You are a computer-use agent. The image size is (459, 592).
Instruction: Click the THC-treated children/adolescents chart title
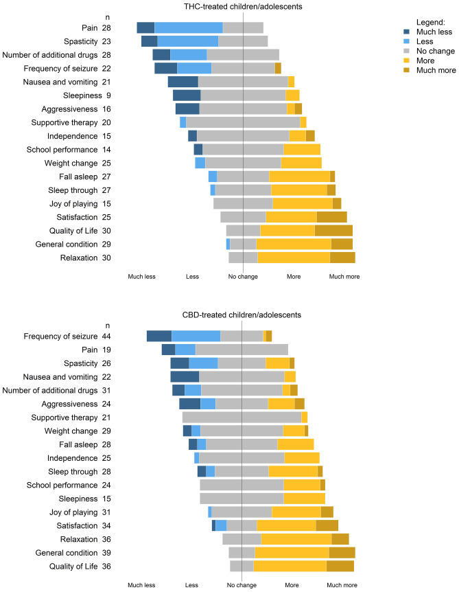(244, 6)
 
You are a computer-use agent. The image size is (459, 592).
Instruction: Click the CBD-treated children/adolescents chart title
(243, 315)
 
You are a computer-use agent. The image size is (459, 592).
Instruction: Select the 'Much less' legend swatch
(408, 31)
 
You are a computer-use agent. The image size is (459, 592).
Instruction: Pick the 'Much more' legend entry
(408, 70)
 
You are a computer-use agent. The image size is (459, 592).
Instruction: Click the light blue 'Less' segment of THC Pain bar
(189, 27)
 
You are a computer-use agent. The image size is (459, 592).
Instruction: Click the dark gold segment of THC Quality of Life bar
(333, 231)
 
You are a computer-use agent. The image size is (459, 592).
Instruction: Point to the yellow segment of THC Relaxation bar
(294, 258)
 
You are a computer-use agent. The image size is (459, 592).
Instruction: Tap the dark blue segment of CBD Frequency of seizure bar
(159, 336)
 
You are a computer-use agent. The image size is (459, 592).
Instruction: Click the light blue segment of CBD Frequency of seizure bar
(196, 336)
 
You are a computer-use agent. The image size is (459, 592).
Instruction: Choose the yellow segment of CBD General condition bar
(292, 553)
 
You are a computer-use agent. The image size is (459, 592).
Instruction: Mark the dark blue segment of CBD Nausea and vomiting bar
(185, 376)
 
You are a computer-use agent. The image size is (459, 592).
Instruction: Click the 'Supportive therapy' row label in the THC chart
(64, 122)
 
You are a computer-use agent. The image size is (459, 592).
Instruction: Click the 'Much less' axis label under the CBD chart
(141, 585)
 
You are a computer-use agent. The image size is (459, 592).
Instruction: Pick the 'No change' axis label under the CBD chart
(242, 585)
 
